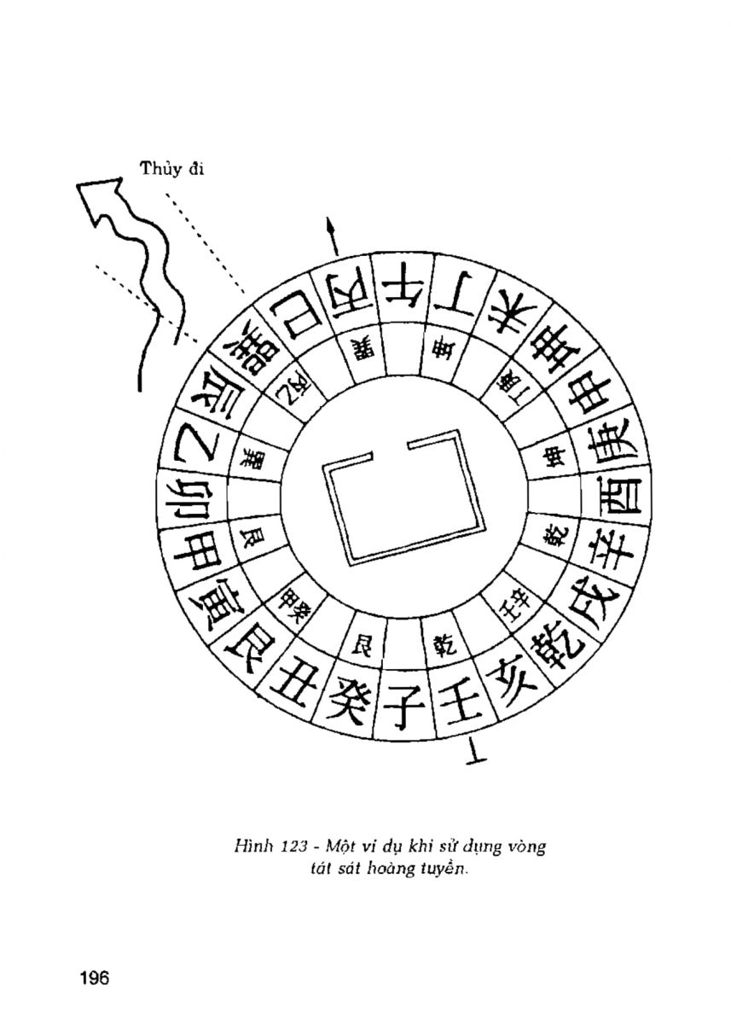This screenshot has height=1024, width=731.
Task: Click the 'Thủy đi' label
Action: pyautogui.click(x=172, y=169)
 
